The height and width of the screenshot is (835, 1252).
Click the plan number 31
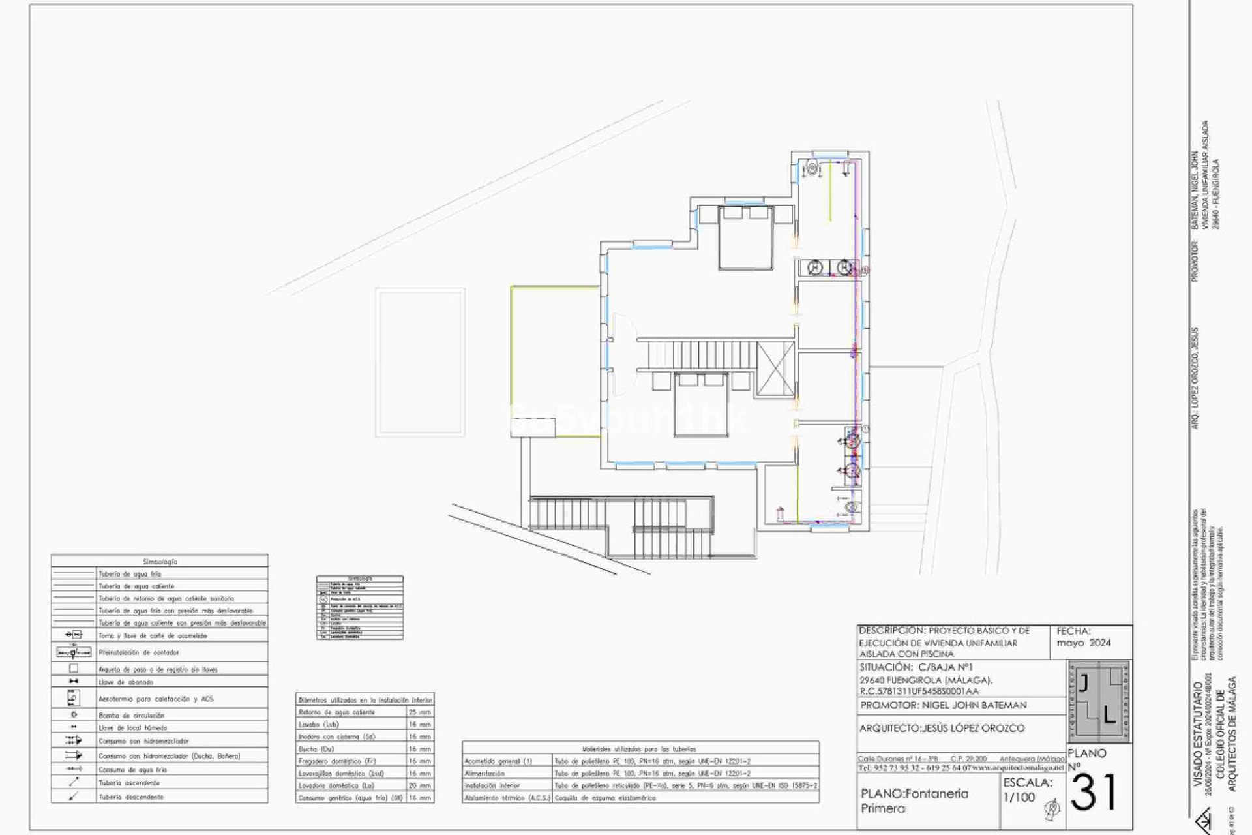tap(1094, 793)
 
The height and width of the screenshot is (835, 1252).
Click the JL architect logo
tap(1099, 702)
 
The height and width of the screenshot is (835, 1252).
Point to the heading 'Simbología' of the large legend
tap(160, 561)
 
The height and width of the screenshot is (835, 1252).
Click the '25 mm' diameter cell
tap(420, 712)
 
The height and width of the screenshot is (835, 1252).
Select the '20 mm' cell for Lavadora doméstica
tap(420, 785)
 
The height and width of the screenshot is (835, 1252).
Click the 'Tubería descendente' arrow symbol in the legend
tap(74, 797)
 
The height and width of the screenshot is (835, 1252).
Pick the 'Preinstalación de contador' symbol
tap(74, 652)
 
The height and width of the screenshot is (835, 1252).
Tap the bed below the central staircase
tap(701, 404)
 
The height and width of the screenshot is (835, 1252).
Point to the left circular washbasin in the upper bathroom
tap(815, 267)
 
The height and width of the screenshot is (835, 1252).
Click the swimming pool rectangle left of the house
tap(421, 362)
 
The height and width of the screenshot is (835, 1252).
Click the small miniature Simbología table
tap(360, 607)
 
